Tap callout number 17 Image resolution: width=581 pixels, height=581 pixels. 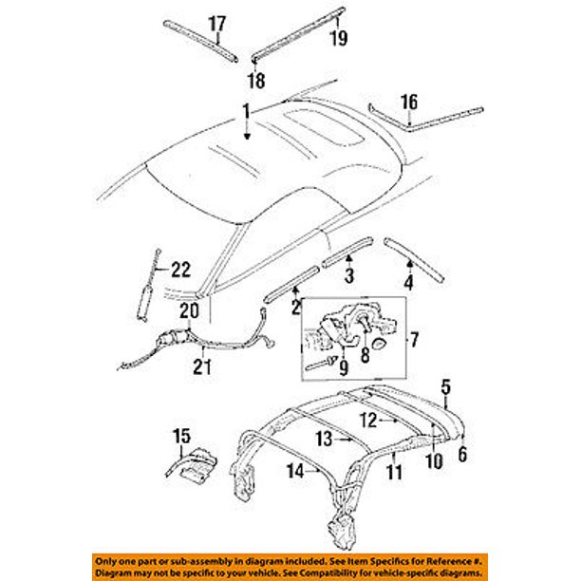click(217, 23)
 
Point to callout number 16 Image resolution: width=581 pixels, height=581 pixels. click(408, 103)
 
